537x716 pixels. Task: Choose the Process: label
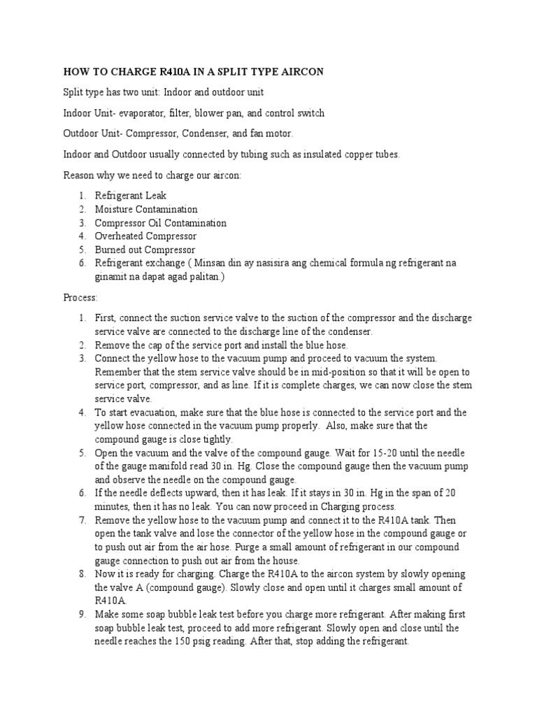coord(80,298)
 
